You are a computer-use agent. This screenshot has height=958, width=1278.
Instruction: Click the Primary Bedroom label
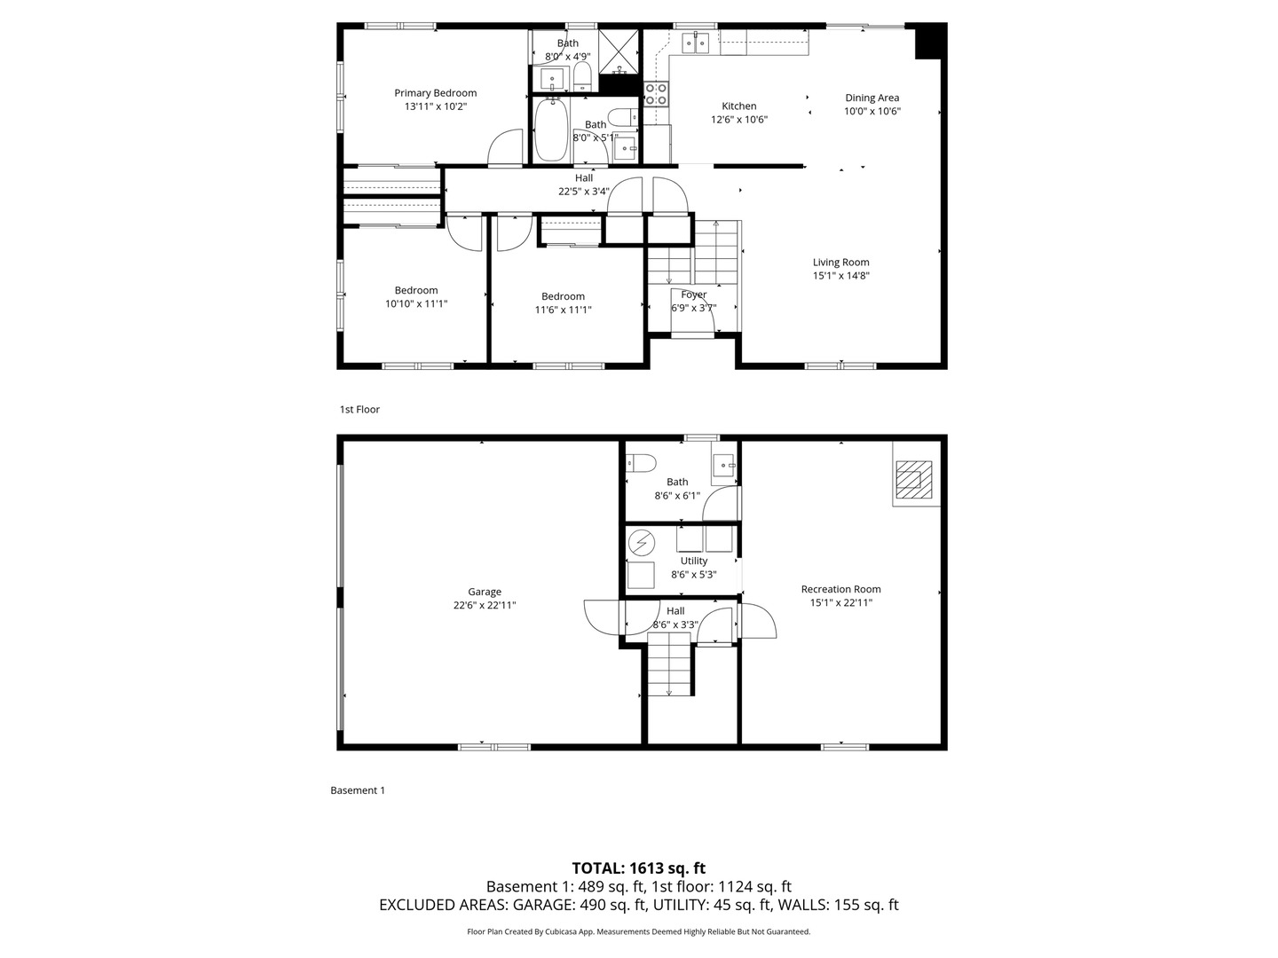tap(435, 93)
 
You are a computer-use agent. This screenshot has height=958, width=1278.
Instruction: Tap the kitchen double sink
tap(695, 43)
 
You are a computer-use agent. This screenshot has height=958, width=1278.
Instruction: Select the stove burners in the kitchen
tap(656, 94)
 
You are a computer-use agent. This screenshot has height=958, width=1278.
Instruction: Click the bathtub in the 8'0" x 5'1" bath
tap(551, 130)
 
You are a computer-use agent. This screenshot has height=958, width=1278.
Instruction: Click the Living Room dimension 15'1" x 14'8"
tap(840, 276)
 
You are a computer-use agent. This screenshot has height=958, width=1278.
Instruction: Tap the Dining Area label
tap(872, 98)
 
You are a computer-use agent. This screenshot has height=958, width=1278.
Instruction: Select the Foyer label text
tap(693, 294)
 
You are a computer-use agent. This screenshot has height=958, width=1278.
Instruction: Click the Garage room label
tap(485, 592)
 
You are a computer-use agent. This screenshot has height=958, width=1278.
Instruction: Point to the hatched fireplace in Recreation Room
tap(913, 479)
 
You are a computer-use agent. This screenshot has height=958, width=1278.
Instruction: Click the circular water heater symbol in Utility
tap(642, 543)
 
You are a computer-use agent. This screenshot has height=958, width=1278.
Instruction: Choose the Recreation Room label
tap(840, 589)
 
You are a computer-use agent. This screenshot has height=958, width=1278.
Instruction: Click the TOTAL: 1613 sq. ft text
tap(639, 868)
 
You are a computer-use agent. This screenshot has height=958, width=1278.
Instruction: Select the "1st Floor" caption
tap(359, 410)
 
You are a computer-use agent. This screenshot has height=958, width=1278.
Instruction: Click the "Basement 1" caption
tap(358, 790)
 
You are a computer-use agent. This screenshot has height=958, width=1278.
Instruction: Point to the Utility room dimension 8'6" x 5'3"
tap(693, 575)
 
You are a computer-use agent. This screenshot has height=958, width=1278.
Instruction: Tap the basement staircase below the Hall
tap(669, 665)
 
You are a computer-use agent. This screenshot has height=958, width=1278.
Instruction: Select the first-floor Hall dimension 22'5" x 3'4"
tap(583, 192)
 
